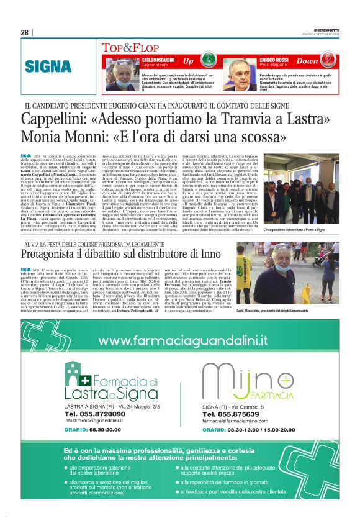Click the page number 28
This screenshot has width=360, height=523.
[24, 33]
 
